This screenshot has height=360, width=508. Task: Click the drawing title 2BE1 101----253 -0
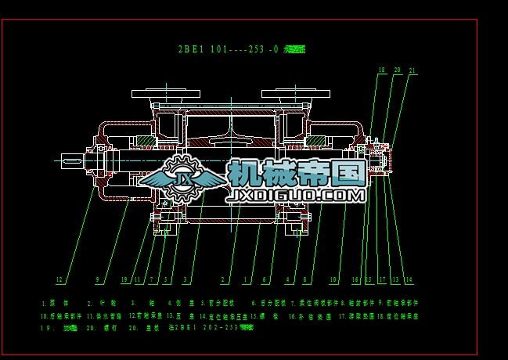(x=228, y=49)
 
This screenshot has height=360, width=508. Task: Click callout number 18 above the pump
(x=381, y=70)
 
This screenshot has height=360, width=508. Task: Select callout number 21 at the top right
(x=412, y=70)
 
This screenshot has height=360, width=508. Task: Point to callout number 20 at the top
(x=397, y=70)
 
